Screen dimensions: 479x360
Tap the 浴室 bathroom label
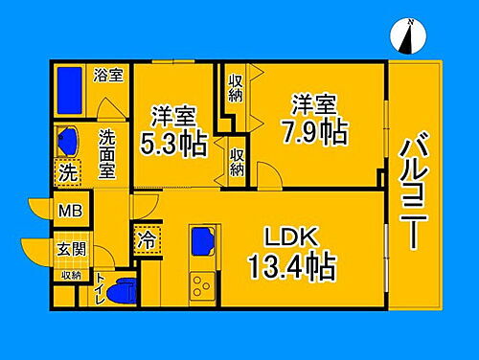[x=108, y=74]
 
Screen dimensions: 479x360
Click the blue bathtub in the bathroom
[x=70, y=88]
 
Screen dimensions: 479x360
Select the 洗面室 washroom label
[x=107, y=153]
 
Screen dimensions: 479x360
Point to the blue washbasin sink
[x=68, y=140]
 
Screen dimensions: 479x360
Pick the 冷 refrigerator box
[x=146, y=239]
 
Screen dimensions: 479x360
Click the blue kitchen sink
[x=202, y=238]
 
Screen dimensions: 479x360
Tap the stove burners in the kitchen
[x=203, y=284]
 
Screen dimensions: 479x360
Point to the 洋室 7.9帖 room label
[x=314, y=117]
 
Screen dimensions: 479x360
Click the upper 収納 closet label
[x=236, y=89]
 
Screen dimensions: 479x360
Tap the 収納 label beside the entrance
[x=71, y=275]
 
